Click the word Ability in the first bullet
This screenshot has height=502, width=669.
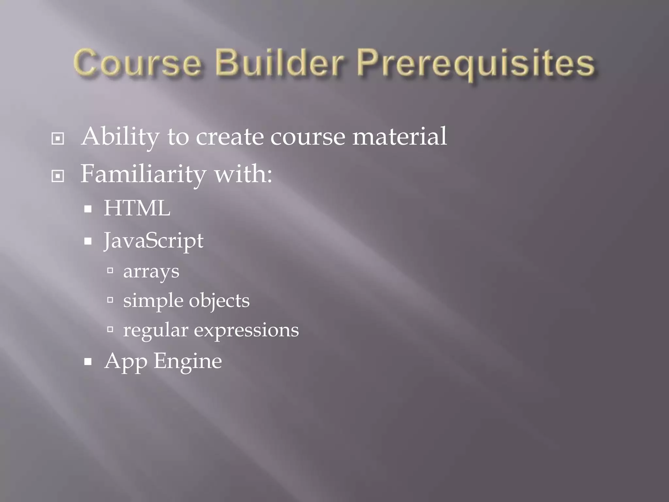(x=120, y=137)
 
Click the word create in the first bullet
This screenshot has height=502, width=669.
(x=230, y=137)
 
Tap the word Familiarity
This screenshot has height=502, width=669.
(x=143, y=174)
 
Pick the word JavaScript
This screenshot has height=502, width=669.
(x=154, y=241)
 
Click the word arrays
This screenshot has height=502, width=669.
(x=151, y=271)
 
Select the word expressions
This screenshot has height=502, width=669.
(x=246, y=330)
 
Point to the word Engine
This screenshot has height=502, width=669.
(x=188, y=361)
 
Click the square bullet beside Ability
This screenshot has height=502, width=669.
(x=58, y=139)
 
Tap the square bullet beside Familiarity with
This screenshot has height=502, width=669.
(x=58, y=176)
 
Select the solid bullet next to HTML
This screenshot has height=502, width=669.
(x=88, y=209)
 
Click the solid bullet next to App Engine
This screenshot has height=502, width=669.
(x=88, y=362)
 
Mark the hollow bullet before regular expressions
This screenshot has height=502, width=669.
(x=110, y=329)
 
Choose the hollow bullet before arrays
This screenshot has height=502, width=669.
(x=110, y=270)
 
